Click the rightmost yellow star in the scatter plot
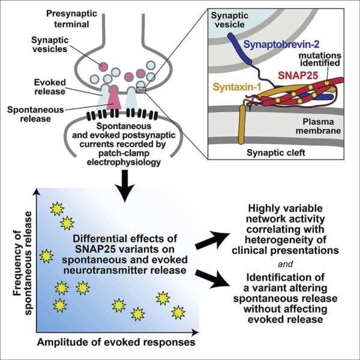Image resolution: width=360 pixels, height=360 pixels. (178, 312)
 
